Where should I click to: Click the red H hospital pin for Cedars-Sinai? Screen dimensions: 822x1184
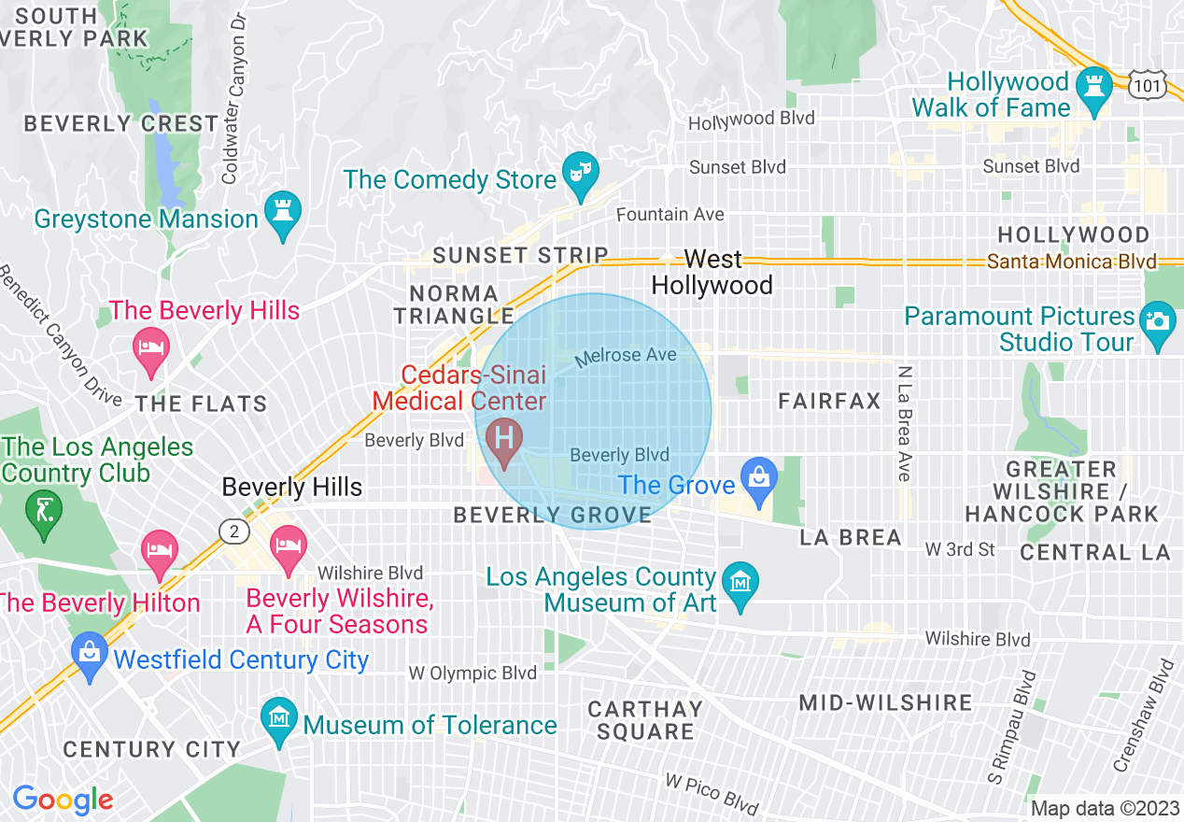click(x=505, y=437)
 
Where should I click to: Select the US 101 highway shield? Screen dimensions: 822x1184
click(x=1146, y=86)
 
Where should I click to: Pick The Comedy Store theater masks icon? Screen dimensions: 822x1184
click(x=581, y=173)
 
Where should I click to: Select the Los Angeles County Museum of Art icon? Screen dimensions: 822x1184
click(x=740, y=584)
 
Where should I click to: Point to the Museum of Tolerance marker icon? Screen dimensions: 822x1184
click(x=280, y=718)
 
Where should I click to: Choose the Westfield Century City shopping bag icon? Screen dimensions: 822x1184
click(x=90, y=654)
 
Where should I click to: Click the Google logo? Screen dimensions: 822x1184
click(x=63, y=800)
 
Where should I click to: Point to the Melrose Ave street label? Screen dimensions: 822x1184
click(x=626, y=357)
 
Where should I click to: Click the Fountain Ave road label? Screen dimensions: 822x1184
click(x=670, y=215)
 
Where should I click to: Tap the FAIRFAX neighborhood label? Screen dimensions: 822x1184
click(x=830, y=402)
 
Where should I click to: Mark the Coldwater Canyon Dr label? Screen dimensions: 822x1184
click(x=233, y=98)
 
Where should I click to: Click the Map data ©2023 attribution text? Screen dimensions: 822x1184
click(x=1103, y=808)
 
